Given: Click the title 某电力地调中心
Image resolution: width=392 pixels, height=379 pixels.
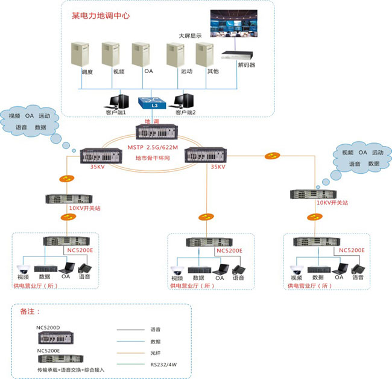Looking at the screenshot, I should click(103, 14).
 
